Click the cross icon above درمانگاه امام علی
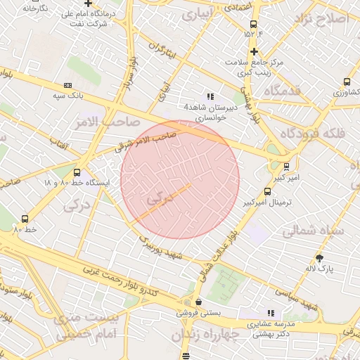coord(88,4)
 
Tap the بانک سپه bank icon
coord(67,84)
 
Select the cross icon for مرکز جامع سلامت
coord(254,51)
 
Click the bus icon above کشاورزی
coord(347,82)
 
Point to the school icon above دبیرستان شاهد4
coord(210,96)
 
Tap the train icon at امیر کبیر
coord(286,167)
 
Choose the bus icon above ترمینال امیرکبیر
coord(267,191)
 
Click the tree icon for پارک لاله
coord(320,258)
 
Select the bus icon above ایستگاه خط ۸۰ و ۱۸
coord(77,172)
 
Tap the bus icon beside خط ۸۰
coord(26,219)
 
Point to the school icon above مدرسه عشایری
coord(270,314)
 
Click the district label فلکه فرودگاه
coord(310,133)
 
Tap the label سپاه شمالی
coord(314,230)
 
